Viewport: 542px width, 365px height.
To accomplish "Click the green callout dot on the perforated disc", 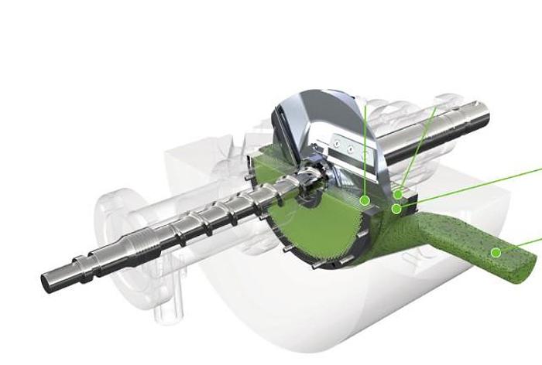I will click(365, 200).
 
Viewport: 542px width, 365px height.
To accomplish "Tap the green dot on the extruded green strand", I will click(495, 252).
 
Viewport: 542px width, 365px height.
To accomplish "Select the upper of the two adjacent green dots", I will click(398, 194).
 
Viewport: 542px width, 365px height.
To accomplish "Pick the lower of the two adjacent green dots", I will click(396, 208).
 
